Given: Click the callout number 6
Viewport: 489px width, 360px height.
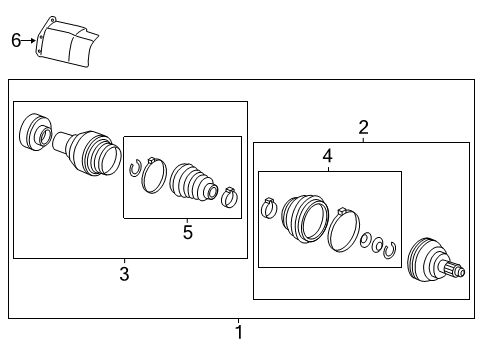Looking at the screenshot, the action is click(x=16, y=40).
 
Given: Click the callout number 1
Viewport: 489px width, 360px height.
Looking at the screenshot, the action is click(x=239, y=332).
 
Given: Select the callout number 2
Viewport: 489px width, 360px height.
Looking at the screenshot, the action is click(x=363, y=127).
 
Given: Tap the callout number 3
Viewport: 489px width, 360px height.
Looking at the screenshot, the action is click(x=124, y=274).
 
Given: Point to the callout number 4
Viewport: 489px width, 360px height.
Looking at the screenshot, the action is click(x=327, y=156).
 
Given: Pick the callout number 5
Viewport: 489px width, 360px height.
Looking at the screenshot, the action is click(x=188, y=232).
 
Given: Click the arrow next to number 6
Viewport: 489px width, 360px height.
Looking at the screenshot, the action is click(x=29, y=41).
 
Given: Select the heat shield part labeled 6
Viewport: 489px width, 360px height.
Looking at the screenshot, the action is click(x=67, y=42).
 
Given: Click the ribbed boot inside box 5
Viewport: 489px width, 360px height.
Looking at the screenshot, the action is click(x=193, y=182).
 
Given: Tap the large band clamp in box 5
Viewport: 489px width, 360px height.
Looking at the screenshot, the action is click(x=154, y=175).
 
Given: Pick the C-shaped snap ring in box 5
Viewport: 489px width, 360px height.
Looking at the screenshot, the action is click(x=135, y=169).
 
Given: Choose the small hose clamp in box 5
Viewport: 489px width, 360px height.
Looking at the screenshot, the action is click(x=229, y=197).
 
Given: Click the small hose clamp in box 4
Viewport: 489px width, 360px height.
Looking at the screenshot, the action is click(x=269, y=208).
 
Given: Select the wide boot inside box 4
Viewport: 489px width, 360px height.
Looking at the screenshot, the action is click(x=305, y=218).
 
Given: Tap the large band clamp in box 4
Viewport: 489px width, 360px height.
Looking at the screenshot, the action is click(x=344, y=230).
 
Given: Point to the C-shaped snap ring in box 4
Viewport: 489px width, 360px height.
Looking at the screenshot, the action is click(x=389, y=250).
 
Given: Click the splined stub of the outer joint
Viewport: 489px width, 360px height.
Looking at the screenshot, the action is click(x=452, y=270).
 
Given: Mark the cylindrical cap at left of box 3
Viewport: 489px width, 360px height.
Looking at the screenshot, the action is click(x=36, y=131).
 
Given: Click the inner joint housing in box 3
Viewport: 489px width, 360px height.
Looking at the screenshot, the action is click(x=87, y=153).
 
